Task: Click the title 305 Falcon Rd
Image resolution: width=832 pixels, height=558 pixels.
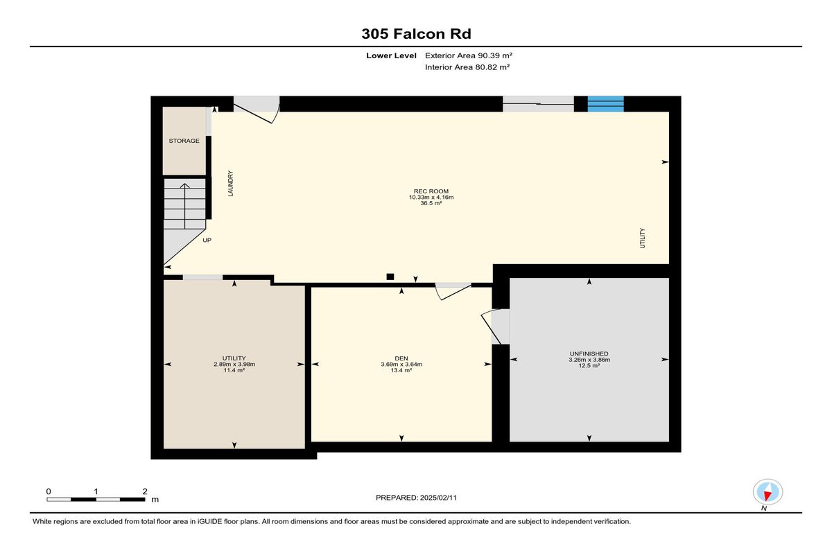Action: (417, 34)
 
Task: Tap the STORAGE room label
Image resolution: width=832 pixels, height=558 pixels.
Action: (184, 141)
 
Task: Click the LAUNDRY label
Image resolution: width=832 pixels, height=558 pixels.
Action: (230, 184)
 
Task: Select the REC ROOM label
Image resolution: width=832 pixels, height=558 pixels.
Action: (431, 191)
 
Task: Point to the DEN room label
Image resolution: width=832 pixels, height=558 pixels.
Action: (401, 358)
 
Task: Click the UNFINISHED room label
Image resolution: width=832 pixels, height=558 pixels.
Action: (589, 354)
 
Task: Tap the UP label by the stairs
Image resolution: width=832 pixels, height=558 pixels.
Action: (207, 241)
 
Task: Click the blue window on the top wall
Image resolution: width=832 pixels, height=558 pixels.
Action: (605, 104)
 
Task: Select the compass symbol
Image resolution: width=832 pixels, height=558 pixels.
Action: (768, 492)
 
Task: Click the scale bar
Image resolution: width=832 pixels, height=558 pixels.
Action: (96, 500)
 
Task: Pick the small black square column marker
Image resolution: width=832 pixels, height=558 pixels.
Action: (390, 277)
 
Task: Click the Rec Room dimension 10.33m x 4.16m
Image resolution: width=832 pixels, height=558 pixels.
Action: (431, 197)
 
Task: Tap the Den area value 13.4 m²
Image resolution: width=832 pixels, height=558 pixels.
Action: (401, 370)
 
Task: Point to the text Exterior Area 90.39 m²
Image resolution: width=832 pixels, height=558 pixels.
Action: (469, 55)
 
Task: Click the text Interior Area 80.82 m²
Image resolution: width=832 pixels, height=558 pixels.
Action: (467, 67)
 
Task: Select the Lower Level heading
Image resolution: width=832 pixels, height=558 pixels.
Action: (391, 55)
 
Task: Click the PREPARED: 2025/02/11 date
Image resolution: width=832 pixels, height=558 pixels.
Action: (416, 498)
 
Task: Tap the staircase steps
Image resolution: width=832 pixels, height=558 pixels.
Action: (185, 204)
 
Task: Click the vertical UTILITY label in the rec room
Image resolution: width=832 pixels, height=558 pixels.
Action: (643, 238)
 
